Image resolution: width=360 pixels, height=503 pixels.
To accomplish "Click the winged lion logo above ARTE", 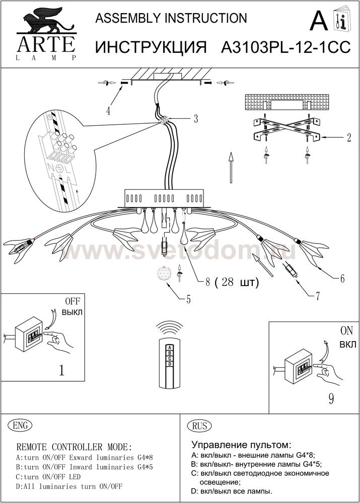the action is coord(46,20).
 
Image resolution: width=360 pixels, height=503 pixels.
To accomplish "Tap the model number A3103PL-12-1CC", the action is coord(286,47).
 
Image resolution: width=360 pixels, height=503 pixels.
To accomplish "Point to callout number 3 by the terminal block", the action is coord(195,119).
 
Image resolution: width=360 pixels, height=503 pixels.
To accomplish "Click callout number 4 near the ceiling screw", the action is coord(108,111).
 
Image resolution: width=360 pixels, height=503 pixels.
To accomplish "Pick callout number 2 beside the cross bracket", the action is coord(349,138).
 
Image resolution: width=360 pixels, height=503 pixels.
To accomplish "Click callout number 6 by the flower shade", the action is coord(342,278).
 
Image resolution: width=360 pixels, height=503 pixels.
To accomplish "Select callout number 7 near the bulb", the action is coord(318,296).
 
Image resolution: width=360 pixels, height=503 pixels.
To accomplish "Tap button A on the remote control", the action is coord(170,347).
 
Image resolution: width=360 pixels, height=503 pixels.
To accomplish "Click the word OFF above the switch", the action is coord(73,301).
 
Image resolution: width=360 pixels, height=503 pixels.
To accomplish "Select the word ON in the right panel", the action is coord(346,331).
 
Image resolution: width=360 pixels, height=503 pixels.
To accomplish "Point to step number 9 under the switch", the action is coord(331,399).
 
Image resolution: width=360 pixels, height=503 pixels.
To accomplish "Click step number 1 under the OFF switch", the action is coord(61,370).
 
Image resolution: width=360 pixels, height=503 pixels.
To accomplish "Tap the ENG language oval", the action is coord(20,426).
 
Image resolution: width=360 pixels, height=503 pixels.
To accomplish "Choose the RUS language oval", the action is coord(199,426).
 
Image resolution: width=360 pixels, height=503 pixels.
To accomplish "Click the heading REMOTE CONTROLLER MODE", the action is coord(74,447).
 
